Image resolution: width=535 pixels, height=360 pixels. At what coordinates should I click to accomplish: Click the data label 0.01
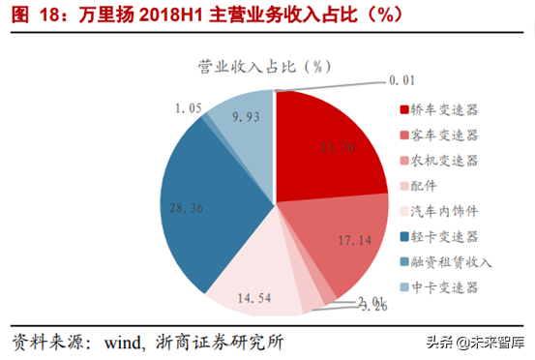tap(401, 77)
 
